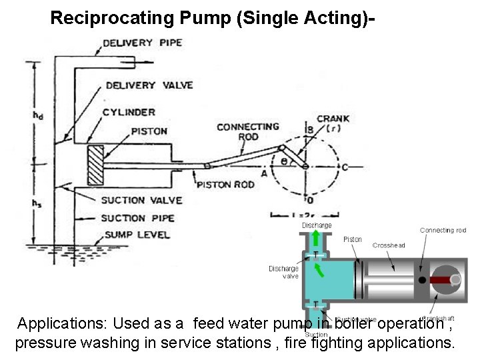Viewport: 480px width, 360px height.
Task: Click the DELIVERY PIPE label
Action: [x=142, y=43]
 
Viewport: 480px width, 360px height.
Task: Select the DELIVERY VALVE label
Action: [x=149, y=85]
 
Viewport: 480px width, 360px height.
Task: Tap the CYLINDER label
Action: [x=129, y=112]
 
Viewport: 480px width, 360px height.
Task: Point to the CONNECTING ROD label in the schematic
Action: [x=239, y=132]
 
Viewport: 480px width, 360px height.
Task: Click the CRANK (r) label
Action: [x=333, y=123]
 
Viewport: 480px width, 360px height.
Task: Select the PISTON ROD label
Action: [x=225, y=184]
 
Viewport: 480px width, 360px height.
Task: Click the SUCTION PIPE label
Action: [x=137, y=218]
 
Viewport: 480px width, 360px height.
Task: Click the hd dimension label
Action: [x=39, y=115]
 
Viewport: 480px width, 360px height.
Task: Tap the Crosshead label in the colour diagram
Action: [x=388, y=245]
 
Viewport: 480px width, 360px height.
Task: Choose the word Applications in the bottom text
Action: [x=59, y=325]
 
